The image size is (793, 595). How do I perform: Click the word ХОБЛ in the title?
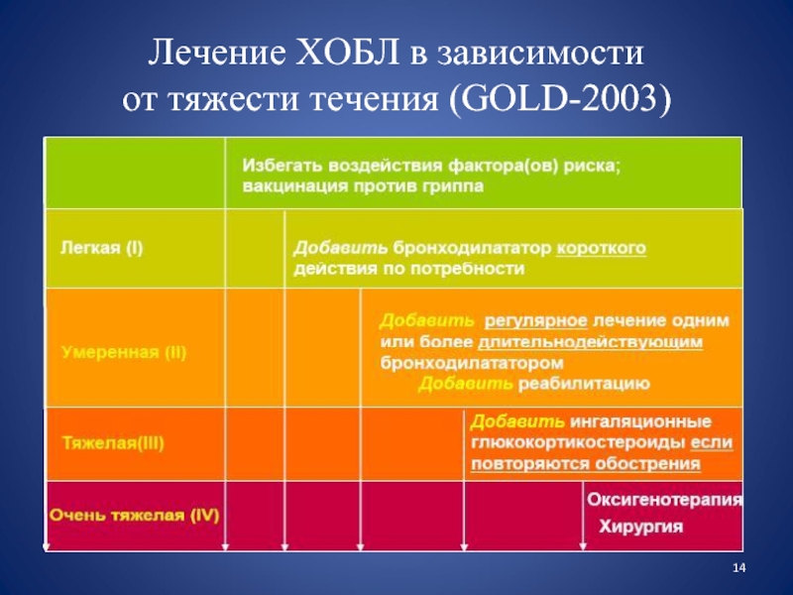pos(348,53)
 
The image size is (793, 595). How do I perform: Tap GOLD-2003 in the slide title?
pos(559,97)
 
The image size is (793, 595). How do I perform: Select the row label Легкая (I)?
pos(102,248)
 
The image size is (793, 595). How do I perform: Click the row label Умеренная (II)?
pos(124,352)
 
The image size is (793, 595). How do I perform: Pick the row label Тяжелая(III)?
pos(113,443)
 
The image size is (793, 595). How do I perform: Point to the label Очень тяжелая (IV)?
pos(134,515)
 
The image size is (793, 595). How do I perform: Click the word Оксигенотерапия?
pos(664,500)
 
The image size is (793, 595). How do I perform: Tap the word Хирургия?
pos(640,527)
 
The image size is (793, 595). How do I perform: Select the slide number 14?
pos(738,568)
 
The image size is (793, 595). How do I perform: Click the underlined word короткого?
pos(602,249)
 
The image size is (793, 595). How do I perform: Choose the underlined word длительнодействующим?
pos(590,342)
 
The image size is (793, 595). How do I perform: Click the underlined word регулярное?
pos(536,320)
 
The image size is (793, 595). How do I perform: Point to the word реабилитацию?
pos(584,384)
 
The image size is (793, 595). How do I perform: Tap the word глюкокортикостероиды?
pos(578,442)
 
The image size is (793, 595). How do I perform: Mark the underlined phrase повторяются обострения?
pos(586,464)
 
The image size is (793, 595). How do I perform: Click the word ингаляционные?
pos(640,421)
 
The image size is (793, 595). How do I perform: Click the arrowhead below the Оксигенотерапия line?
pos(583,546)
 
